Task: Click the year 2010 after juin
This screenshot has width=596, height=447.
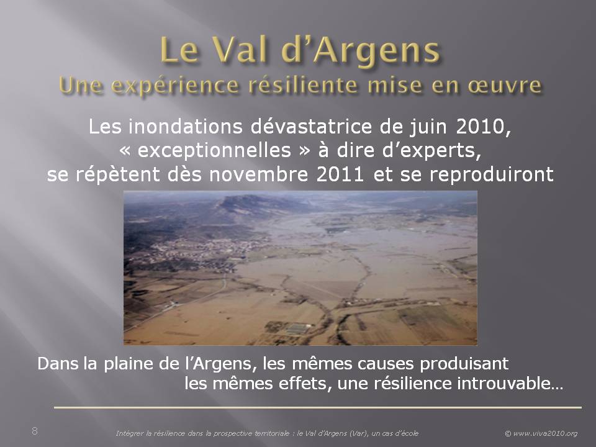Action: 480,127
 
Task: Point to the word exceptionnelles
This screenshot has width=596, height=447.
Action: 214,150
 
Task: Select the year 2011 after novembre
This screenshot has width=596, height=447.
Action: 340,174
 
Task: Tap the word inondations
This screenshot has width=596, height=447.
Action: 186,127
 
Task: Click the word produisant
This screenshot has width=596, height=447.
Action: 464,364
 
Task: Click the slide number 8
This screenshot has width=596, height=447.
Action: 35,431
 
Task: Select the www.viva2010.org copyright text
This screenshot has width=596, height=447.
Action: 541,433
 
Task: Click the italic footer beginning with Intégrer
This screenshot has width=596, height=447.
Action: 267,433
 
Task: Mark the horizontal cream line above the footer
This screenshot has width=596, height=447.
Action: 318,407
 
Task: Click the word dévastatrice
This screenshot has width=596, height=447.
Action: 311,127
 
